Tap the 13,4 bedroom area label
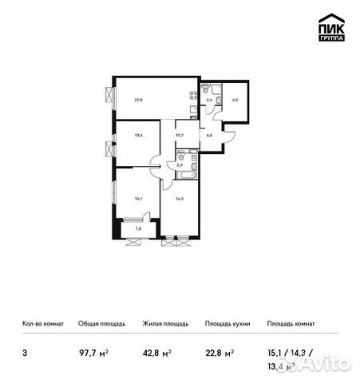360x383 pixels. tap(140, 136)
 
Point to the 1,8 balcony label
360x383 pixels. tap(139, 229)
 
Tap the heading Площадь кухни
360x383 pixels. tap(227, 324)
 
